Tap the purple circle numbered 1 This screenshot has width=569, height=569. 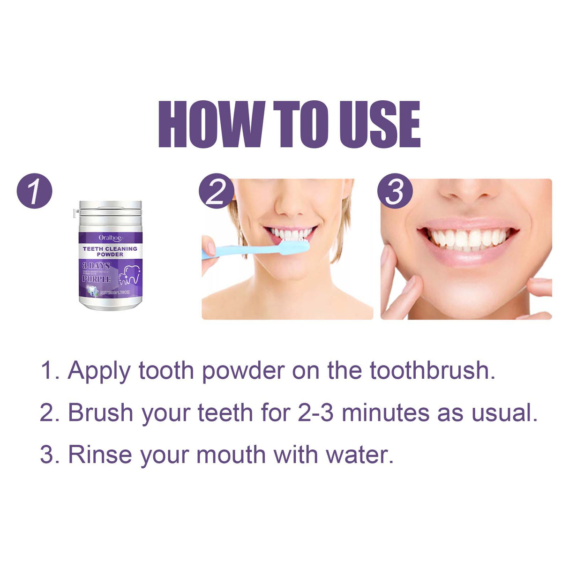point(34,191)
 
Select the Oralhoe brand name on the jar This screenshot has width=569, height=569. point(110,238)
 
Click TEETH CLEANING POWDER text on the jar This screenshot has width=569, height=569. point(110,251)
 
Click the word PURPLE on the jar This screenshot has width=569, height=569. point(97,279)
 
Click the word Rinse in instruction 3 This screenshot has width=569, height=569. point(100,455)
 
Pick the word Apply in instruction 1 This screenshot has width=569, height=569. point(99,372)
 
